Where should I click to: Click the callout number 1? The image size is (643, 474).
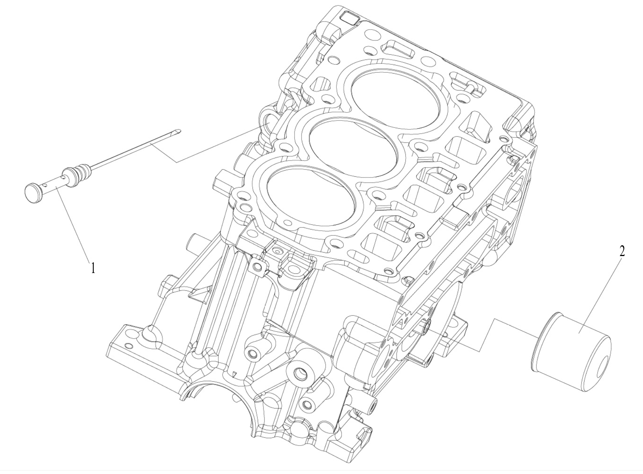click(93, 268)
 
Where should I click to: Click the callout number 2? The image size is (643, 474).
click(622, 251)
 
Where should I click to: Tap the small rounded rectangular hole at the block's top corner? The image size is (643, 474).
click(350, 17)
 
